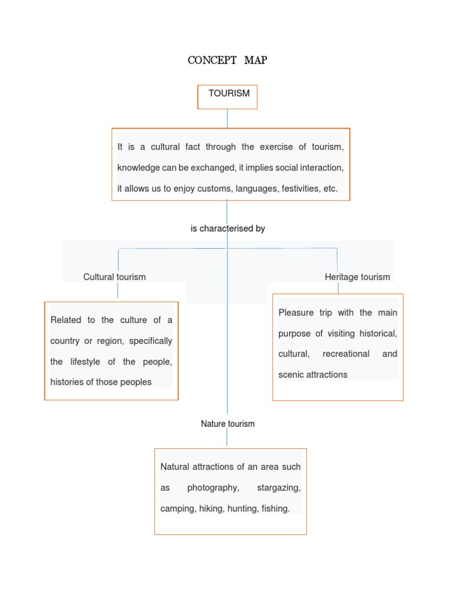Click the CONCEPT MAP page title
pyautogui.click(x=227, y=60)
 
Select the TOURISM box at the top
pyautogui.click(x=227, y=97)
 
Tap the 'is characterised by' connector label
pyautogui.click(x=227, y=229)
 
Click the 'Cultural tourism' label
pyautogui.click(x=114, y=277)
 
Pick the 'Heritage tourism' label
pyautogui.click(x=357, y=277)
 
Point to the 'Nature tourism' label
pyautogui.click(x=227, y=424)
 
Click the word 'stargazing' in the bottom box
pyautogui.click(x=278, y=488)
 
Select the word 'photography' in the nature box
pyautogui.click(x=213, y=488)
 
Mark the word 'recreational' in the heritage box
pyautogui.click(x=346, y=354)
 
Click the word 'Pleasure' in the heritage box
pyautogui.click(x=296, y=313)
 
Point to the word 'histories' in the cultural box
pyautogui.click(x=67, y=382)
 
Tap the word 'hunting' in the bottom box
pyautogui.click(x=242, y=509)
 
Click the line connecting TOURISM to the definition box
pyautogui.click(x=227, y=118)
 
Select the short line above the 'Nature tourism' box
pyautogui.click(x=227, y=438)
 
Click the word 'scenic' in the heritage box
pyautogui.click(x=292, y=375)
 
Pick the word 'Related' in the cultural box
pyautogui.click(x=65, y=320)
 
